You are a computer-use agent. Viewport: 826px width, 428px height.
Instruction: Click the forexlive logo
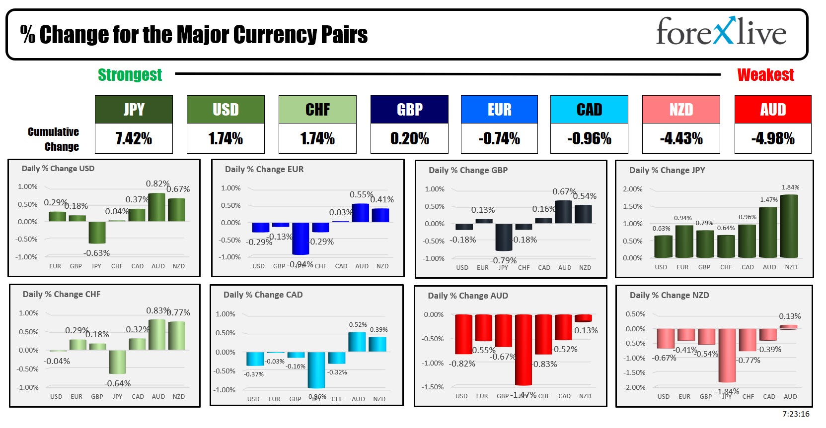[x=721, y=32]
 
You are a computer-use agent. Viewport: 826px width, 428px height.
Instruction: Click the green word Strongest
[x=130, y=75]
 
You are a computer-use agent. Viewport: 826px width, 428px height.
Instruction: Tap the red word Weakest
[x=765, y=75]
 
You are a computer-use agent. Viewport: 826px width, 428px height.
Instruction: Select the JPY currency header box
[x=134, y=110]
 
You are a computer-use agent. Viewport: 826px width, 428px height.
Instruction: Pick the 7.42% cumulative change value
[x=134, y=138]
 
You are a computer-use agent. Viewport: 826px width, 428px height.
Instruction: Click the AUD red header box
[x=773, y=110]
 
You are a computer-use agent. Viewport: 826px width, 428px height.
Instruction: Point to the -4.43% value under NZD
[x=681, y=138]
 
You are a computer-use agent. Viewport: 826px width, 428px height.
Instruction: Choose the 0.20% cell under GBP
[x=409, y=138]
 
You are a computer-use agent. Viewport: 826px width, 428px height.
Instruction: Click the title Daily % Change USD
[x=58, y=169]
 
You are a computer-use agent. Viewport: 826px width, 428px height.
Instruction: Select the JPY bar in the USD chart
[x=97, y=232]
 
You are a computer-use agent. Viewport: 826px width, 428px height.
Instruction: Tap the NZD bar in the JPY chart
[x=789, y=226]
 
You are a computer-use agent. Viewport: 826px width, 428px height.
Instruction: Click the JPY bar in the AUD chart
[x=524, y=350]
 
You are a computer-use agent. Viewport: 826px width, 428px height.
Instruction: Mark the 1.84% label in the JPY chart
[x=790, y=187]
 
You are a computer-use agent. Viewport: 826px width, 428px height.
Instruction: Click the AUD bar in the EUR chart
[x=361, y=213]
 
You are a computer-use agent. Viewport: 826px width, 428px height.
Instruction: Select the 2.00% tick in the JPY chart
[x=632, y=189]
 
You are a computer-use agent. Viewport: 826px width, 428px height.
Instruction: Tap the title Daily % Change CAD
[x=263, y=295]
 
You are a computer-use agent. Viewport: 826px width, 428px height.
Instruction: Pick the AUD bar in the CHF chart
[x=157, y=334]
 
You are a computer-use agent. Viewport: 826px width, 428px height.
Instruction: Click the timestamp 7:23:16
[x=796, y=414]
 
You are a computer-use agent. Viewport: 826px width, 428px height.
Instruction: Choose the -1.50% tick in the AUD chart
[x=433, y=387]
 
